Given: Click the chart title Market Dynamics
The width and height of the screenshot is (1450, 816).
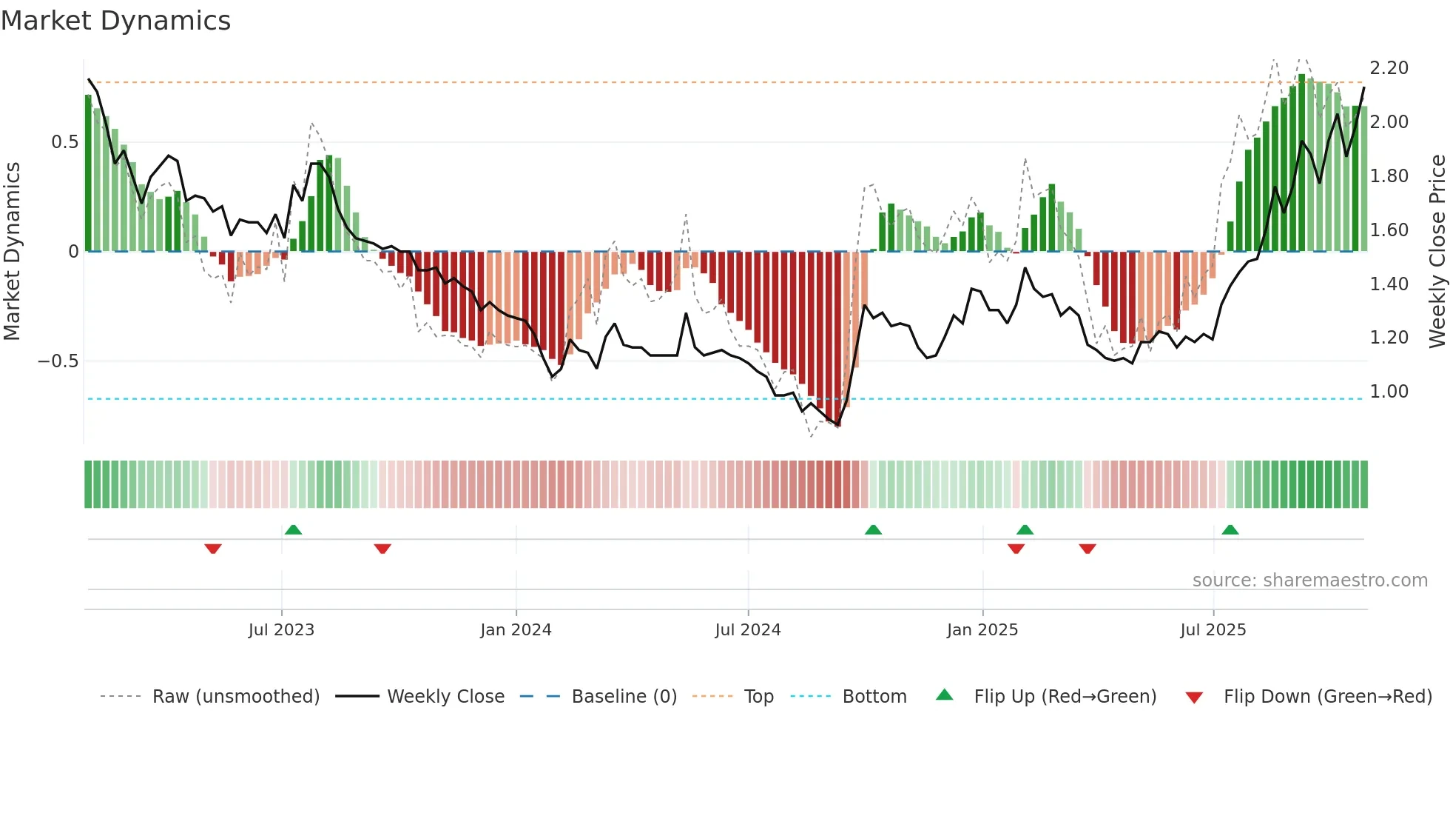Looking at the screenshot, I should click(116, 21).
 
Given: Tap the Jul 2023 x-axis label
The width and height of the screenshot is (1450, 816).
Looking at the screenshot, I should click(281, 630).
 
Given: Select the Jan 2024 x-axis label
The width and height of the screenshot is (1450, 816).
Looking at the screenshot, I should click(516, 630).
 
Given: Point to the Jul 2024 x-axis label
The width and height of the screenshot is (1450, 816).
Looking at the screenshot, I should click(748, 630).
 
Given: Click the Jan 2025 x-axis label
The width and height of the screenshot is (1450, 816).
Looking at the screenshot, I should click(982, 630).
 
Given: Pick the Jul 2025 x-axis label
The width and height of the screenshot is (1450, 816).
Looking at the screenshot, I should click(1213, 630).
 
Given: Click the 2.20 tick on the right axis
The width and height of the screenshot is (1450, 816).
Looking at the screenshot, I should click(1389, 68).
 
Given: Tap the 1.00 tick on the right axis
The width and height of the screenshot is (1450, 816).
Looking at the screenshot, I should click(1389, 392).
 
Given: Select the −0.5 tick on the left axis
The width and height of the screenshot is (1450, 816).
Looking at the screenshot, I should click(58, 361).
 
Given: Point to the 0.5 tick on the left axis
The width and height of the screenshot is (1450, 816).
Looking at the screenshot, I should click(64, 142).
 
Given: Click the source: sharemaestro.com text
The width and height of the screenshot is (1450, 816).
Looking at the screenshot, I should click(1309, 581).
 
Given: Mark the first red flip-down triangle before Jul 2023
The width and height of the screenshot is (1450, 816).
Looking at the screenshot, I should click(213, 549).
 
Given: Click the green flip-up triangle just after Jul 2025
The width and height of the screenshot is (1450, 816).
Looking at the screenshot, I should click(1230, 529).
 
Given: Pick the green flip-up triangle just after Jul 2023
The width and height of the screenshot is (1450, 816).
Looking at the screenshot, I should click(293, 529).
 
